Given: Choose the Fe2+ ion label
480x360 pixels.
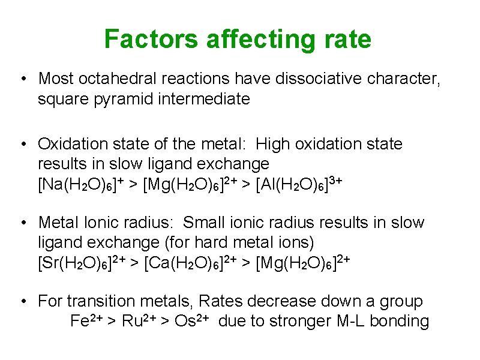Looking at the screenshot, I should tap(86, 321).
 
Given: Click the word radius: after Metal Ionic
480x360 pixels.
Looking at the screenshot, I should tap(150, 223).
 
